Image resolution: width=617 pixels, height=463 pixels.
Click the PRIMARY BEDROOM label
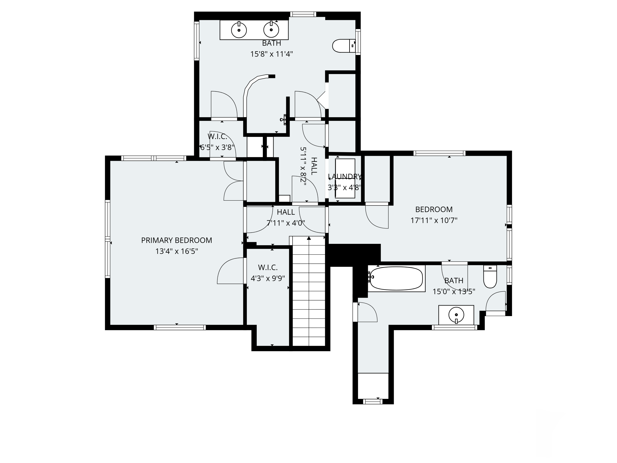(x=176, y=240)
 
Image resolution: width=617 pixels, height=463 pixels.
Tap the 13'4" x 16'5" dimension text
(x=176, y=251)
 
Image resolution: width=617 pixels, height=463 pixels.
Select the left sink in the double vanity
(x=239, y=30)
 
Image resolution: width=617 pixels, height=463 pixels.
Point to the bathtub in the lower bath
(x=396, y=279)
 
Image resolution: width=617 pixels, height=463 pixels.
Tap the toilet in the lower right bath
(x=490, y=277)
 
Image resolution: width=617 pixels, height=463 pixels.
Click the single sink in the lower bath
(x=456, y=315)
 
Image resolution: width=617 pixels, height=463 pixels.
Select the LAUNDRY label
(x=345, y=177)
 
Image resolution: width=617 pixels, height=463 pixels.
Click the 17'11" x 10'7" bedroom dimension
(x=434, y=220)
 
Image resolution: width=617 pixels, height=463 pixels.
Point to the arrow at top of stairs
(x=309, y=238)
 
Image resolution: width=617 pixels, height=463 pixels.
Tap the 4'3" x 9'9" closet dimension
(x=268, y=279)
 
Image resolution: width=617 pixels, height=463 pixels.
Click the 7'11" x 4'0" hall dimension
(x=286, y=223)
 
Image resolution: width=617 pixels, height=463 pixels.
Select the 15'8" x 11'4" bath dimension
(x=271, y=54)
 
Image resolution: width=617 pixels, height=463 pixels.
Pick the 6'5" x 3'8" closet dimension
(x=217, y=147)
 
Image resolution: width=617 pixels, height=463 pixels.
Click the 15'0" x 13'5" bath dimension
(x=454, y=292)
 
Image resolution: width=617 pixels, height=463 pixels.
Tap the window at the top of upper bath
(x=303, y=14)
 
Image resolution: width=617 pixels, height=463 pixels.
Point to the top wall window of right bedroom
(x=440, y=153)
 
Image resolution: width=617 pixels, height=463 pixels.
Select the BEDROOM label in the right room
(x=434, y=209)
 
